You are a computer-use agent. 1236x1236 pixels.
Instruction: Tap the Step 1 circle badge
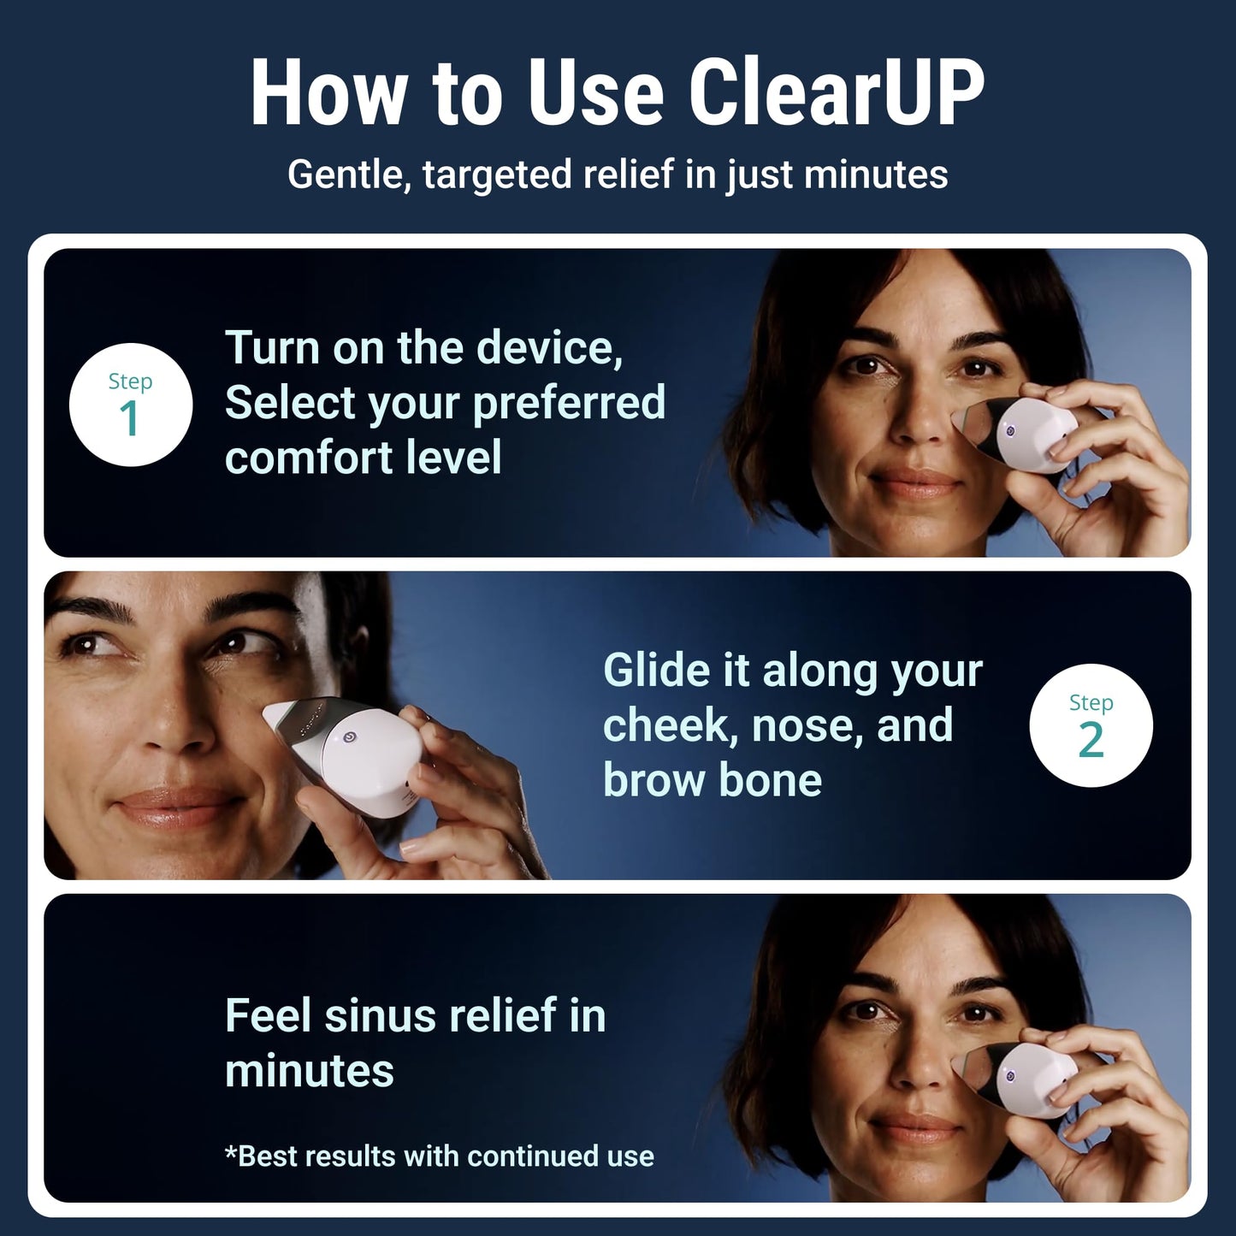(x=130, y=405)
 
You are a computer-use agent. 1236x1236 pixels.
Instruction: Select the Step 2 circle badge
(x=1091, y=725)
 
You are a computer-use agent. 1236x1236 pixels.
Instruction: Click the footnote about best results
(x=439, y=1156)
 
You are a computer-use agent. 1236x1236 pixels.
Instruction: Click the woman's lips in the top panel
(x=917, y=483)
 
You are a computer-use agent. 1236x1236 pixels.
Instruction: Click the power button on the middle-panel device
(x=349, y=736)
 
